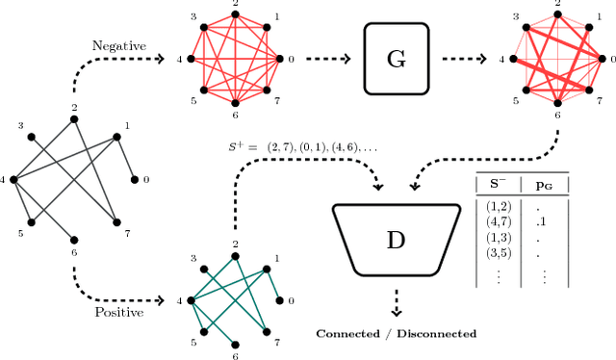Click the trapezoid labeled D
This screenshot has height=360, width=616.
[x=395, y=238]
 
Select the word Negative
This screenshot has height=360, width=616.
[x=118, y=44]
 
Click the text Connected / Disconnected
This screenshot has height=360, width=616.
[x=396, y=333]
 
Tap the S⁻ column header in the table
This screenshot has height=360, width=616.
[x=498, y=183]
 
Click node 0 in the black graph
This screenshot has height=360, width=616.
[x=135, y=180]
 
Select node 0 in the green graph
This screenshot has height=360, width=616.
[x=279, y=300]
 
